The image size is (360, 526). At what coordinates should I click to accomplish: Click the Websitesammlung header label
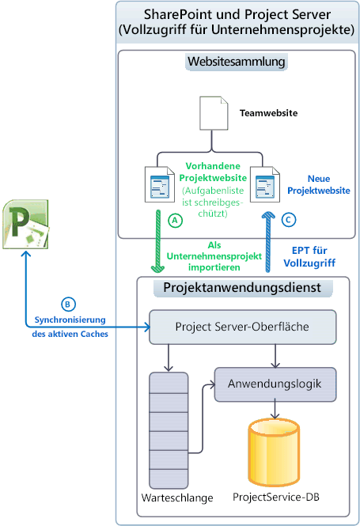tap(237, 62)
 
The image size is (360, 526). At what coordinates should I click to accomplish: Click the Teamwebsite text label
tap(268, 113)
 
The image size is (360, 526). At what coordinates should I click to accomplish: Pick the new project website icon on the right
tap(262, 184)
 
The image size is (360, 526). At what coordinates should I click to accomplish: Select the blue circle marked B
tap(68, 303)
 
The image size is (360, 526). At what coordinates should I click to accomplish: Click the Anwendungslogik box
tap(275, 385)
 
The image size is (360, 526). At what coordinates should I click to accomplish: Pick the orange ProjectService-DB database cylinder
tap(274, 452)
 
